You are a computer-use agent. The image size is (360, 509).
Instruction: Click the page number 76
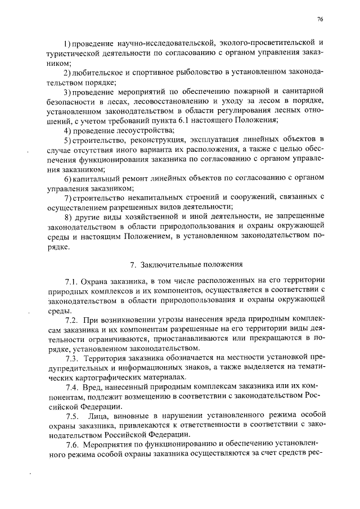(319, 19)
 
